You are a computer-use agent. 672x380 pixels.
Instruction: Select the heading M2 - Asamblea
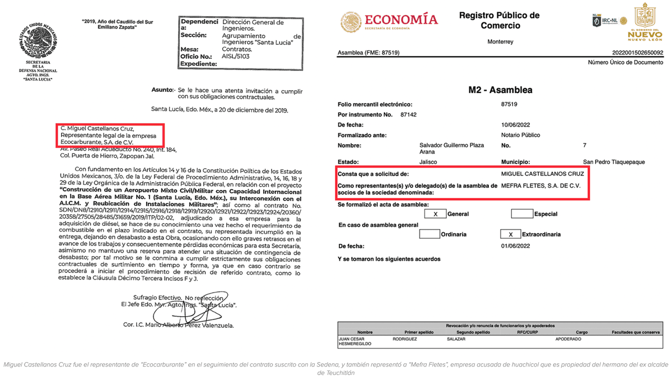tap(500, 90)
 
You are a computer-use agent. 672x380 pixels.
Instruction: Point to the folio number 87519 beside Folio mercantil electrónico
tap(509, 104)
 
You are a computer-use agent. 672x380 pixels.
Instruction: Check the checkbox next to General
tap(435, 214)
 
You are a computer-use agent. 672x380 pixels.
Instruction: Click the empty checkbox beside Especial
tap(521, 214)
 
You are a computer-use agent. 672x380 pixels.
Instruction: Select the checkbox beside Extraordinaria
tap(510, 234)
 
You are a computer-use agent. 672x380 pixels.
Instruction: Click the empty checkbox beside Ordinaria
tap(429, 234)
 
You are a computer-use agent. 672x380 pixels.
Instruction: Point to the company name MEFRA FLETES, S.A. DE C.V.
tap(540, 185)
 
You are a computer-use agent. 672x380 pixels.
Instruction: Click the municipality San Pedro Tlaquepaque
tap(614, 162)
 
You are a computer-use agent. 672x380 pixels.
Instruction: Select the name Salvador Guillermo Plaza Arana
tap(447, 149)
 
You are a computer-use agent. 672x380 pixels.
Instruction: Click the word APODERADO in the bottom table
tap(568, 339)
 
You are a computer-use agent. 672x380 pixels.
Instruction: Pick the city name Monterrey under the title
tap(500, 41)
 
